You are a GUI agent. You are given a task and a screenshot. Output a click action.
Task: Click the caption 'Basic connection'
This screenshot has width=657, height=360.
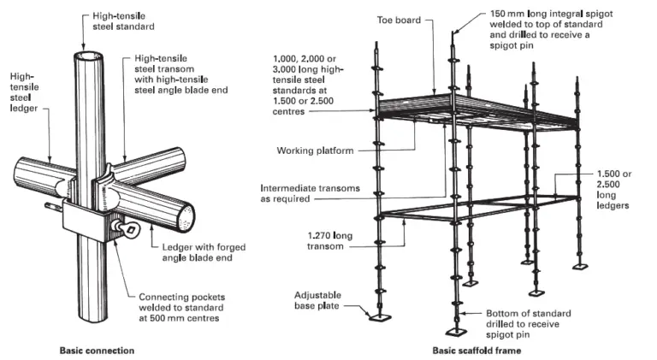(98, 351)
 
